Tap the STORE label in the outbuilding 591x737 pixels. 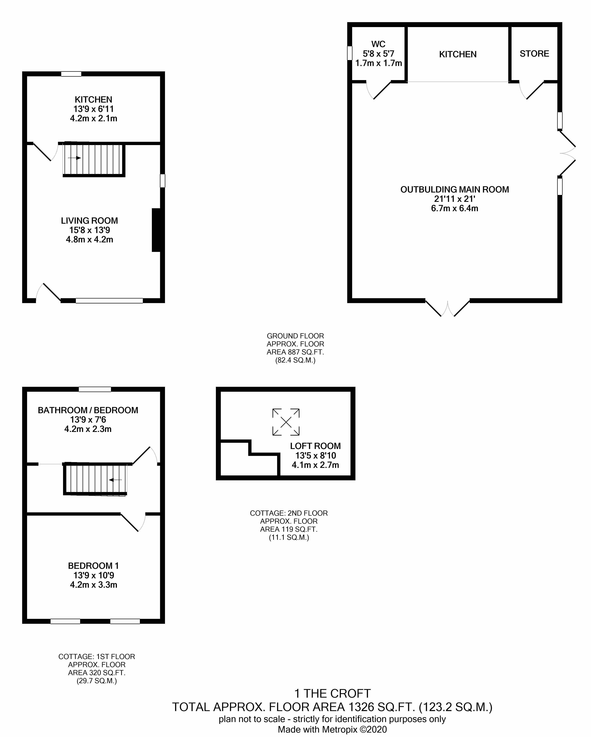tap(534, 54)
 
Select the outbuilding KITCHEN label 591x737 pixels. tap(458, 54)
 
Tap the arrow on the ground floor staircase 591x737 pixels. tap(75, 158)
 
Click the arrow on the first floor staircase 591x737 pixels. tap(115, 480)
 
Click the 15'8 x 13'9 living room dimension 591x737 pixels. tap(90, 230)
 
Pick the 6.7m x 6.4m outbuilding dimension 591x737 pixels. tap(455, 208)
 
